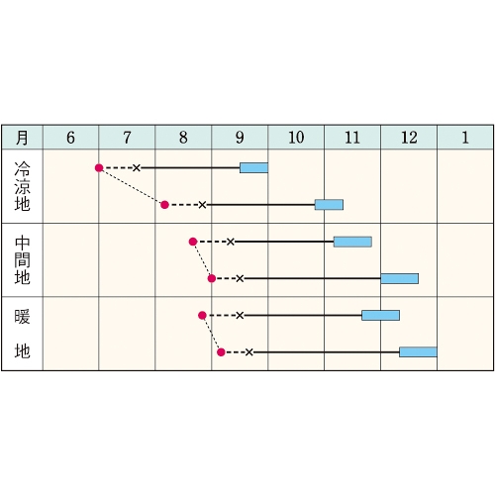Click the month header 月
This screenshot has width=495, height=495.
22,138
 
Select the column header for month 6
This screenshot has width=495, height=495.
70,138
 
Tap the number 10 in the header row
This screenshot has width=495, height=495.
296,138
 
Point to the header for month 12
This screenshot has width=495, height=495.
409,138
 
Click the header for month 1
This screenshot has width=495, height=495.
465,138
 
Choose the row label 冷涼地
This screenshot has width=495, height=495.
22,186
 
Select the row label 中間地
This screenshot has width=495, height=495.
22,260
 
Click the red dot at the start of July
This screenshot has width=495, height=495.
99,168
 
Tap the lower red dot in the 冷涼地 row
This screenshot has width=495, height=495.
164,205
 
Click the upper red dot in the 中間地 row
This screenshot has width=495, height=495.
193,242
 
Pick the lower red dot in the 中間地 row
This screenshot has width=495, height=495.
212,278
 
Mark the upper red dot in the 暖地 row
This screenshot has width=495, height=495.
202,316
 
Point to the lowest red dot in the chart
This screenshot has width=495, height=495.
221,352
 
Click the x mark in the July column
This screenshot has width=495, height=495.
137,168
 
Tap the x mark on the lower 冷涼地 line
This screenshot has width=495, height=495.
202,205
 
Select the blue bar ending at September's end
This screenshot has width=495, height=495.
253,168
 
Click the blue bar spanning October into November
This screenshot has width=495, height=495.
329,205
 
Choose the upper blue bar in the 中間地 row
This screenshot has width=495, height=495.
352,242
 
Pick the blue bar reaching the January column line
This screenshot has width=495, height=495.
418,352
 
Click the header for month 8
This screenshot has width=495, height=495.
183,138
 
